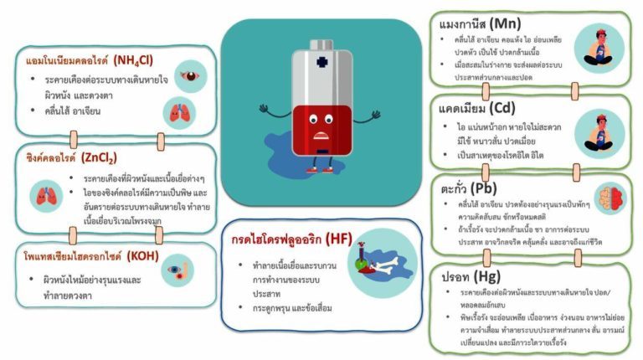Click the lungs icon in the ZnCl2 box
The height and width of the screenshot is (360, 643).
[44, 196]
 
